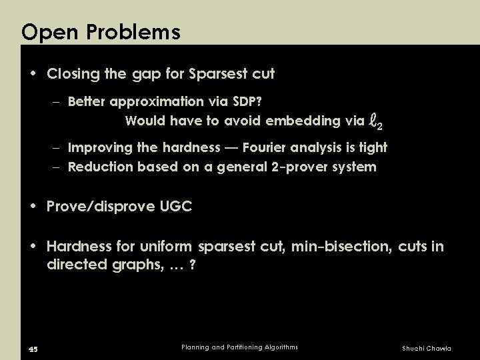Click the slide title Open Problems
coord(101,31)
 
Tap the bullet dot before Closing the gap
coord(35,75)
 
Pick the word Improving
coord(101,147)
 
